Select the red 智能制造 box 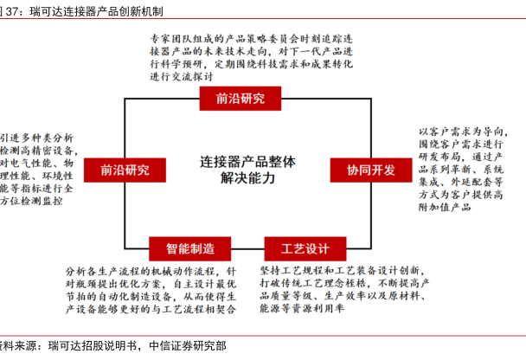point(191,248)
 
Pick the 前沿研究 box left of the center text point(125,169)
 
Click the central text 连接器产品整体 point(247,160)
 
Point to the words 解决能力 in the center point(247,178)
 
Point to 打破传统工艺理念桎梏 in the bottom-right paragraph point(303,283)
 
